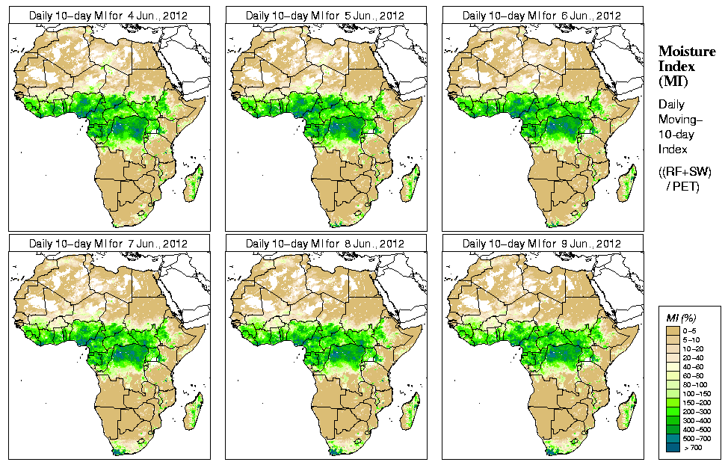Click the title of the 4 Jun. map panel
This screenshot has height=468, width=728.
click(108, 16)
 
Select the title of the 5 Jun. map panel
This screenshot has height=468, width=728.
click(325, 16)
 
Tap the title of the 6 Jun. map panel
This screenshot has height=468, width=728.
click(542, 16)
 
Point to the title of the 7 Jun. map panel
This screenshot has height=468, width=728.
click(108, 244)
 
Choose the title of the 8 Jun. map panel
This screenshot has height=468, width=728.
click(325, 244)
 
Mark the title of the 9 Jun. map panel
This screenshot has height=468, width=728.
click(542, 244)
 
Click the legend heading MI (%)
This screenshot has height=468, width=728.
click(682, 318)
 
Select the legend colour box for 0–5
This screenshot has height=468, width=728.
click(673, 330)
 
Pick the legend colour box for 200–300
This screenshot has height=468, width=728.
click(673, 412)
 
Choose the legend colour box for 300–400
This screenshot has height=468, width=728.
click(673, 421)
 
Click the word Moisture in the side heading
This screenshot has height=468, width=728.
click(686, 51)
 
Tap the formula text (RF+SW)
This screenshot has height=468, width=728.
click(685, 173)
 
